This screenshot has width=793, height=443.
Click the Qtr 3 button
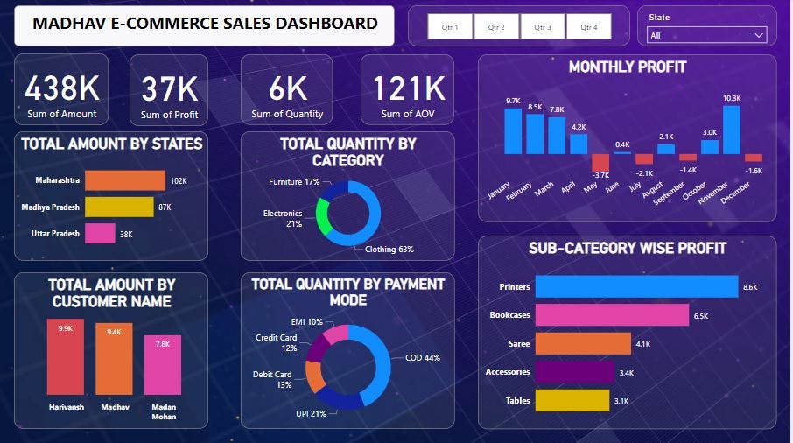pyautogui.click(x=543, y=27)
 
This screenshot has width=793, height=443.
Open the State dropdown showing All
pyautogui.click(x=706, y=35)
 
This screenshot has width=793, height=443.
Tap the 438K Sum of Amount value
pyautogui.click(x=60, y=89)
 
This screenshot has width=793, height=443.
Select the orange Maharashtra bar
pyautogui.click(x=124, y=180)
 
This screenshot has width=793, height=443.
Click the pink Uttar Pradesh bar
pyautogui.click(x=100, y=233)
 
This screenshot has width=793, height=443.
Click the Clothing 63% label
pyautogui.click(x=389, y=249)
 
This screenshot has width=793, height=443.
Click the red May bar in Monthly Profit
pyautogui.click(x=600, y=163)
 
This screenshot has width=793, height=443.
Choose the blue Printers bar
pyautogui.click(x=636, y=286)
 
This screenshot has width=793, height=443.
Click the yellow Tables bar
pyautogui.click(x=572, y=400)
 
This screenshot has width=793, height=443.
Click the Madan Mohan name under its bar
pyautogui.click(x=163, y=411)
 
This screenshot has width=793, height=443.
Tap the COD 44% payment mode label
pyautogui.click(x=422, y=357)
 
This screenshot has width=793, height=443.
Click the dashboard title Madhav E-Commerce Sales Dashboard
pyautogui.click(x=205, y=24)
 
